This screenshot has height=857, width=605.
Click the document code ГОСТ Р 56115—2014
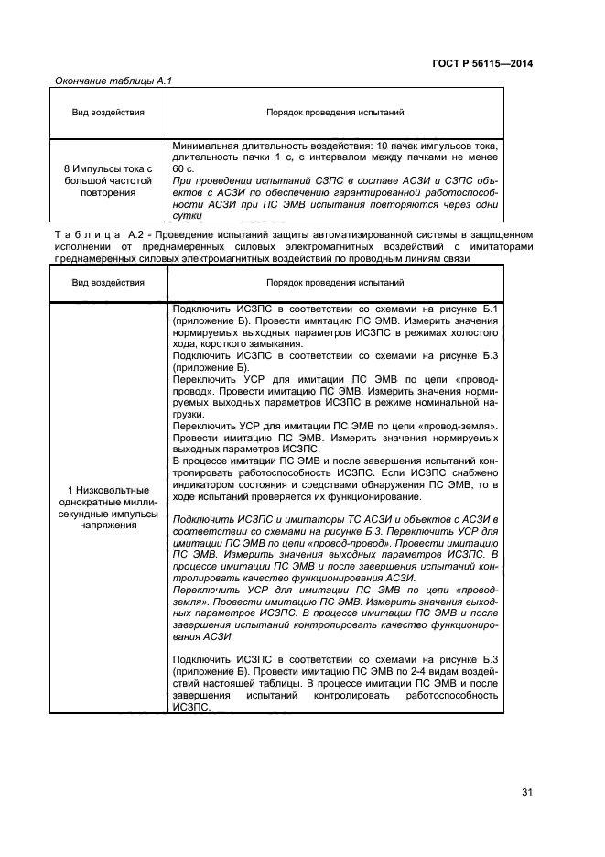483,63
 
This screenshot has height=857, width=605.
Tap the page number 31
527,792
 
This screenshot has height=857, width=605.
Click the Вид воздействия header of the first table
108,114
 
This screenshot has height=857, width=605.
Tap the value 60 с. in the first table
183,169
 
